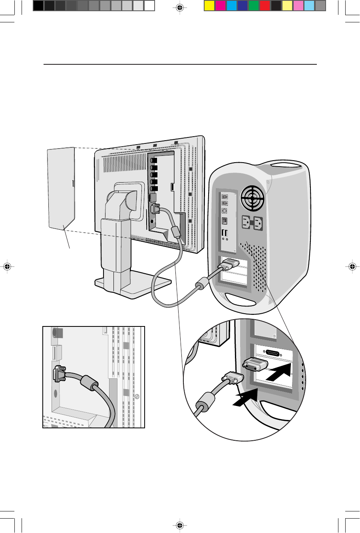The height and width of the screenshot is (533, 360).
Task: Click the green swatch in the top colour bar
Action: click(x=253, y=6)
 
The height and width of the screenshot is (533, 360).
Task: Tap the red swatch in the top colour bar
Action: click(x=265, y=6)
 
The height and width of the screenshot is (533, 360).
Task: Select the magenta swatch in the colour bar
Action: click(x=220, y=6)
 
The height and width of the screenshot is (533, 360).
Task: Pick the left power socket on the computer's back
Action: click(x=246, y=222)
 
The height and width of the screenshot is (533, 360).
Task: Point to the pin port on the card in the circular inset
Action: click(x=273, y=352)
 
